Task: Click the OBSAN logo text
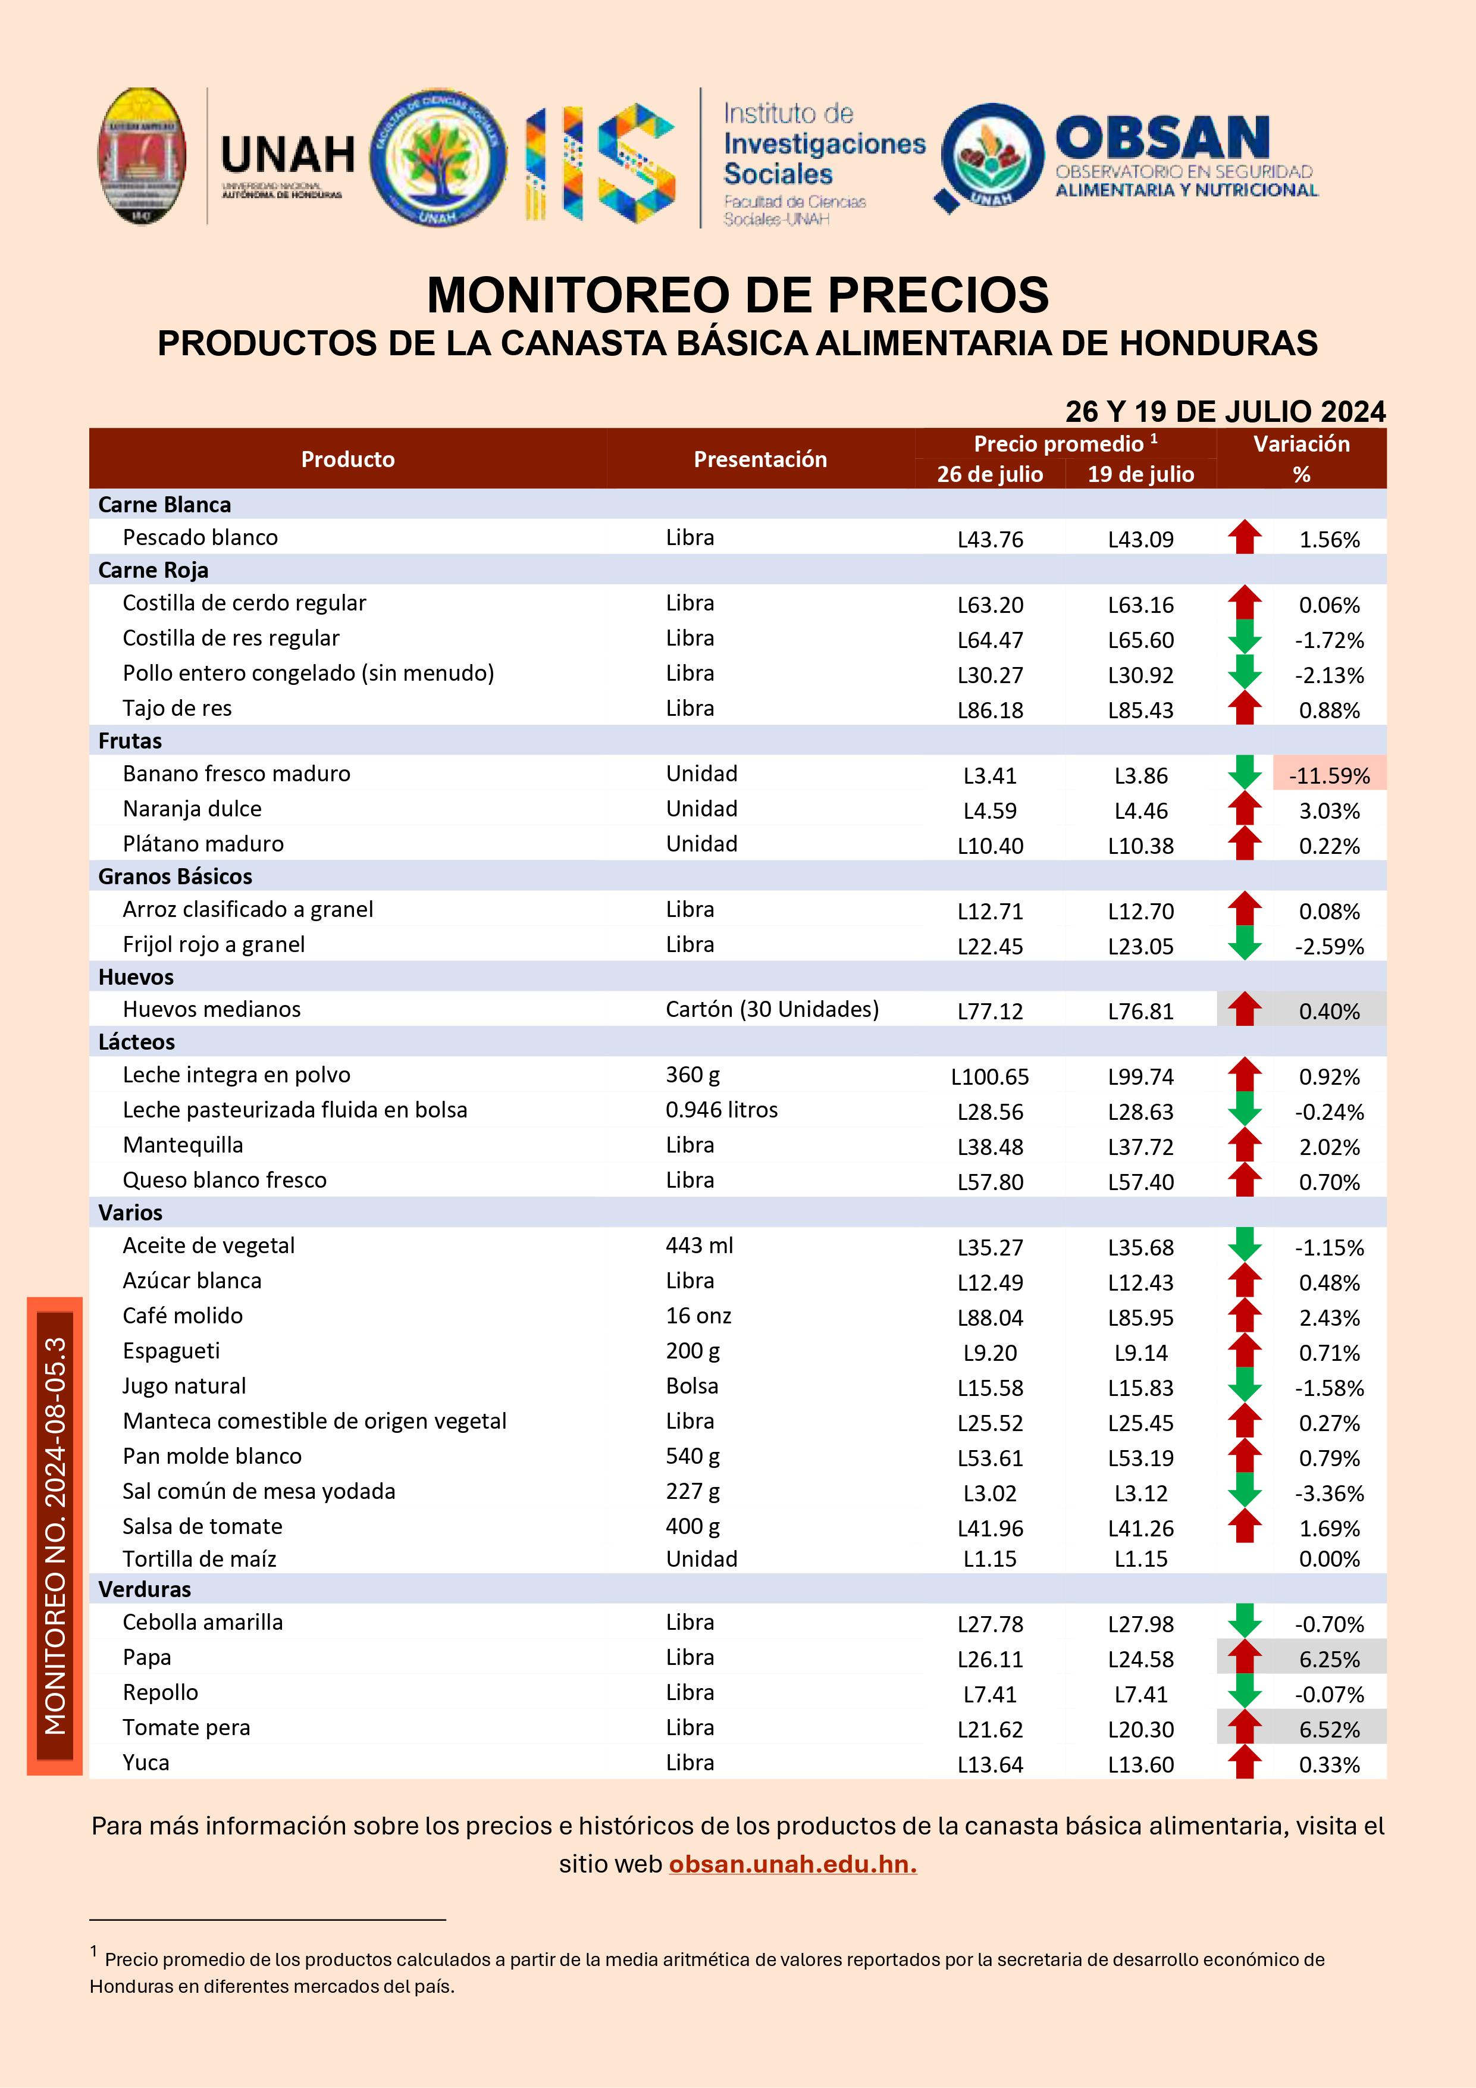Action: [x=1162, y=138]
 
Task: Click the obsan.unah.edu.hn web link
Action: [x=792, y=1864]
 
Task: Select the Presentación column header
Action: [x=760, y=459]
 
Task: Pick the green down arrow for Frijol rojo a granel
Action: [x=1244, y=944]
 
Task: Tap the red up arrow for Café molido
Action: [x=1244, y=1315]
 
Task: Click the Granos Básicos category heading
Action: [x=176, y=876]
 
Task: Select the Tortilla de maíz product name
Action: [x=199, y=1559]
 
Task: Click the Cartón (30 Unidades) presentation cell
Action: [x=772, y=1009]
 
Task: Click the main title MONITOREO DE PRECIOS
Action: [x=738, y=295]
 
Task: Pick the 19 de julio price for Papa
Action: [x=1140, y=1659]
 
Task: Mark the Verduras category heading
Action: [x=145, y=1589]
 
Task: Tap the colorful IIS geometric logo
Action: [x=600, y=162]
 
